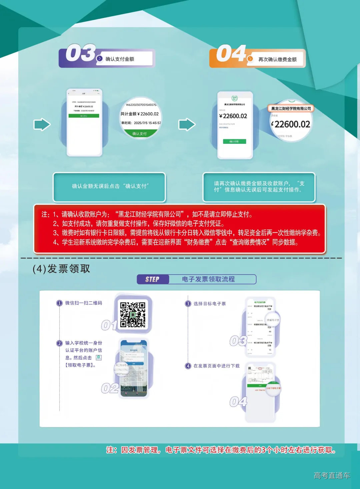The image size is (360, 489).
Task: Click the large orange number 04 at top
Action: [231, 54]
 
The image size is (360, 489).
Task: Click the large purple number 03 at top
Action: [80, 53]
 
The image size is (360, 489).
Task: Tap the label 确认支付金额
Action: [120, 59]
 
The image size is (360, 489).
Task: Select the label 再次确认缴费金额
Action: [277, 59]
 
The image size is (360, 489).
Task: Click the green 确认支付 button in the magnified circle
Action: [139, 133]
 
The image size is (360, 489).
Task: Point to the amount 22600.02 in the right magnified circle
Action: [292, 124]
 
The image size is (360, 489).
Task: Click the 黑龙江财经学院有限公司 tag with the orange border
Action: [291, 108]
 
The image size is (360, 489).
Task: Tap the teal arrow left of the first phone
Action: [42, 125]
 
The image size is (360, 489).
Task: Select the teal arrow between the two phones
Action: [187, 125]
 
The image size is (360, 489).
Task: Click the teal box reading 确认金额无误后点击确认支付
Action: [110, 186]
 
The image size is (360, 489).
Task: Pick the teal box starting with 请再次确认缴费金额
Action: [259, 187]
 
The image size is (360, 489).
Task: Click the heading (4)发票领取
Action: [61, 269]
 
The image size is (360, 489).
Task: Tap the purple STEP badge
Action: [153, 280]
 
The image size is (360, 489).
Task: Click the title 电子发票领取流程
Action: [208, 279]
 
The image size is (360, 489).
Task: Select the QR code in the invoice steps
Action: [133, 315]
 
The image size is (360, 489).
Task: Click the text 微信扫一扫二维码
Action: [83, 303]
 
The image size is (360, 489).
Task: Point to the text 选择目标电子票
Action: [209, 304]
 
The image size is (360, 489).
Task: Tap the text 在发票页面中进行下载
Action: [216, 366]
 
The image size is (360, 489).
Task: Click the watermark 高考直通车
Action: [332, 476]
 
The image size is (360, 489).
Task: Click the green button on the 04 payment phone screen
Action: [234, 141]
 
